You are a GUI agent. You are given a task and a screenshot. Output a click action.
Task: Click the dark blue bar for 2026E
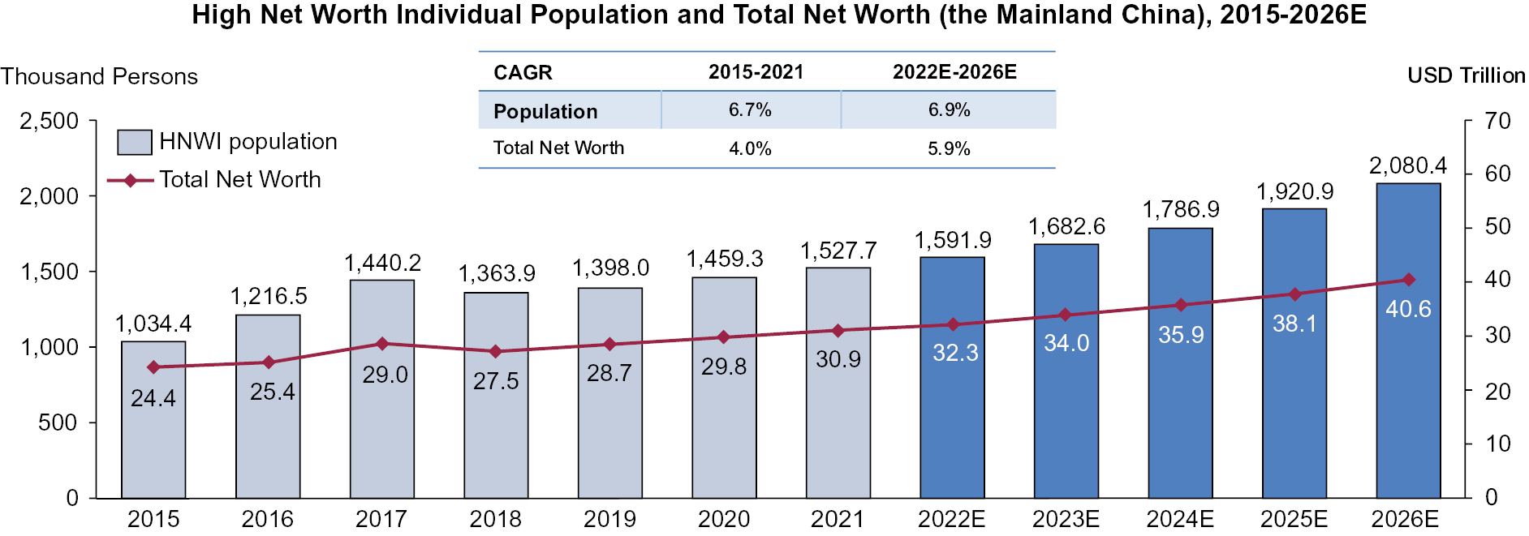point(1408,389)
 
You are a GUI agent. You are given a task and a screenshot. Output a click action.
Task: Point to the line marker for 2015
point(153,367)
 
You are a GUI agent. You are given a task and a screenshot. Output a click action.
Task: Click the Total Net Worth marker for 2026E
point(1409,280)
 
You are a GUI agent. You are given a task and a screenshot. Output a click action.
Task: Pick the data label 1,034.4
point(153,324)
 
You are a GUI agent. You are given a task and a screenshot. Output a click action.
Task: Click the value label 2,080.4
point(1408,166)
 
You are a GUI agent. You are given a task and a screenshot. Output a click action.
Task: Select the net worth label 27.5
point(496,381)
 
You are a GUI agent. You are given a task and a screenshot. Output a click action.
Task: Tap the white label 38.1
point(1294,324)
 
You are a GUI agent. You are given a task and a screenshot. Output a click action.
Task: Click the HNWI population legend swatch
point(134,142)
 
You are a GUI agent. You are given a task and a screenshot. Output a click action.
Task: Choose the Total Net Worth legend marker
point(130,180)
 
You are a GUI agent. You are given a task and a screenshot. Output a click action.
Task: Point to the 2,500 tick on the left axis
point(50,122)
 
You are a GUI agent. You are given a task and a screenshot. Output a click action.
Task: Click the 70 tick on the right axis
point(1497,122)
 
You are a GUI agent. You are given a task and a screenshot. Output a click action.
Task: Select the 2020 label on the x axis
point(724,519)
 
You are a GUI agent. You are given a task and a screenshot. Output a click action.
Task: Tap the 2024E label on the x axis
point(1180,519)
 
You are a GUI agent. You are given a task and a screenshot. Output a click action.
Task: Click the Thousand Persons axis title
point(99,76)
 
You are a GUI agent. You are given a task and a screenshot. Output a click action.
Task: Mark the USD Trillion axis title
point(1466,75)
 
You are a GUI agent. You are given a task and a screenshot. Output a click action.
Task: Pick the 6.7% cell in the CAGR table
point(750,110)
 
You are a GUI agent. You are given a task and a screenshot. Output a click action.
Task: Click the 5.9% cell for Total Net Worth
point(949,149)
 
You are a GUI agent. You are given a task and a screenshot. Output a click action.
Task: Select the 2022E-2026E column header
point(954,72)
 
